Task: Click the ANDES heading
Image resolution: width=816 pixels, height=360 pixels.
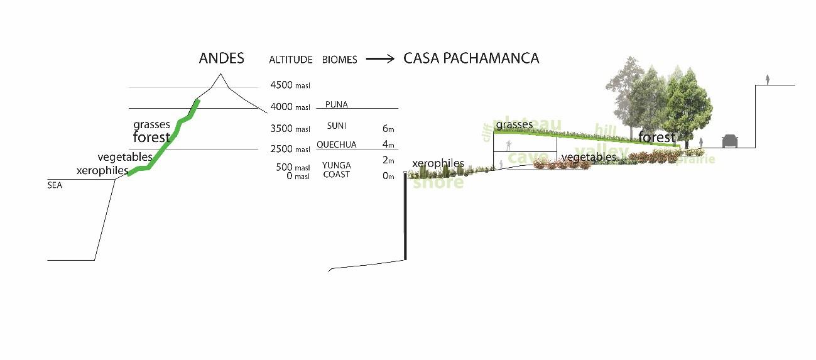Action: pyautogui.click(x=221, y=59)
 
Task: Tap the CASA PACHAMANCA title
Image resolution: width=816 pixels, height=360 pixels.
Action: pyautogui.click(x=471, y=58)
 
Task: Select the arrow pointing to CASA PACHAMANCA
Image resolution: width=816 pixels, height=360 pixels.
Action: pyautogui.click(x=380, y=59)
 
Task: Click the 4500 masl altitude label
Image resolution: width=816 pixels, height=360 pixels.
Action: pyautogui.click(x=290, y=85)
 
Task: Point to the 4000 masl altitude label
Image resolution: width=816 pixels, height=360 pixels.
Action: pyautogui.click(x=290, y=107)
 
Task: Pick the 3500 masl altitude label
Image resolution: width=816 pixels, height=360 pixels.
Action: pyautogui.click(x=290, y=129)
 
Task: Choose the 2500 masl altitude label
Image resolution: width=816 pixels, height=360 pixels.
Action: pyautogui.click(x=290, y=150)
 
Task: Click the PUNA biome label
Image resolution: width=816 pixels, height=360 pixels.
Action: pyautogui.click(x=337, y=105)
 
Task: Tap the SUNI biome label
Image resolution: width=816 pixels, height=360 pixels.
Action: pyautogui.click(x=337, y=126)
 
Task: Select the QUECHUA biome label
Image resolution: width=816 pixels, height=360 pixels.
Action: pyautogui.click(x=336, y=145)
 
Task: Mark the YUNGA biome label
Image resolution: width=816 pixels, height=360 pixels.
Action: pyautogui.click(x=336, y=165)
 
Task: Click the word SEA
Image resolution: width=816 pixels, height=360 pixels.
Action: pyautogui.click(x=55, y=186)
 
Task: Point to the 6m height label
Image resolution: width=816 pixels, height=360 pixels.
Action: pyautogui.click(x=388, y=129)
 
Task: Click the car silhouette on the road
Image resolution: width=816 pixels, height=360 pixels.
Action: pyautogui.click(x=730, y=141)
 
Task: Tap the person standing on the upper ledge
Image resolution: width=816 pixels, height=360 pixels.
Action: pyautogui.click(x=767, y=80)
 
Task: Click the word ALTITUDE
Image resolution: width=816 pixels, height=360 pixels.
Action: pyautogui.click(x=290, y=60)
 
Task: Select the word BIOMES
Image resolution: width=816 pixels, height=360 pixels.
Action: pyautogui.click(x=339, y=60)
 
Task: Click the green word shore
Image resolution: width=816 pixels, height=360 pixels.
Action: pyautogui.click(x=438, y=183)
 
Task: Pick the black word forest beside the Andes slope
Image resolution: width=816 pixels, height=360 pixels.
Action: pyautogui.click(x=151, y=137)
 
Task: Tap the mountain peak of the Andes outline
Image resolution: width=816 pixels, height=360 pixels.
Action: pyautogui.click(x=220, y=75)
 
